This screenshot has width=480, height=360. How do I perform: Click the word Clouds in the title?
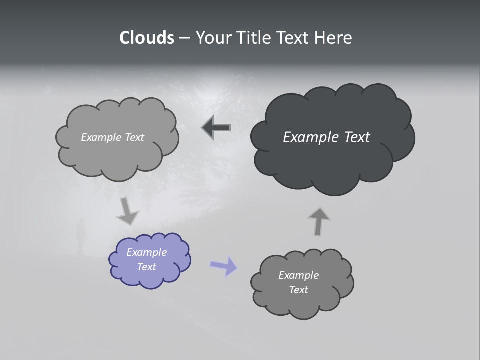146,38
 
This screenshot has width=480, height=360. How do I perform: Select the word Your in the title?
212,38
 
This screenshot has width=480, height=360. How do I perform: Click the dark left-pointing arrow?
216,128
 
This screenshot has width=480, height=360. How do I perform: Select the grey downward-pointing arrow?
127,211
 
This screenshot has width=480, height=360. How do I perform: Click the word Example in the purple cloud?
146,252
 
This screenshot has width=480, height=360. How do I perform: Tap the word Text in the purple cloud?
147,267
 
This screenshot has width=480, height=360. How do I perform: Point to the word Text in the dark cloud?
356,137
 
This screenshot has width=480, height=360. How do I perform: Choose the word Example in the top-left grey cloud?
100,137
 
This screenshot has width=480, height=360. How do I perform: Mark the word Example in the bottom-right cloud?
298,275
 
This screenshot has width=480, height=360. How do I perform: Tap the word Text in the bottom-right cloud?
298,290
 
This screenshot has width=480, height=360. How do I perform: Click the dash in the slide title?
184,38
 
